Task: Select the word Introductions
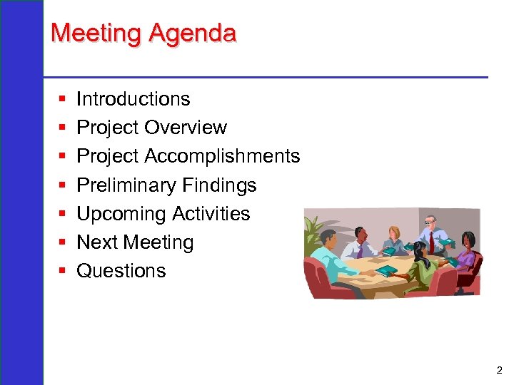pos(133,99)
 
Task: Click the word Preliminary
pos(126,185)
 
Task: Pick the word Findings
pos(219,185)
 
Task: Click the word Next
pos(98,242)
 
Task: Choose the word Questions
pos(121,271)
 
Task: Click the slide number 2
pos(498,370)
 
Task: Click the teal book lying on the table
pos(386,272)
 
